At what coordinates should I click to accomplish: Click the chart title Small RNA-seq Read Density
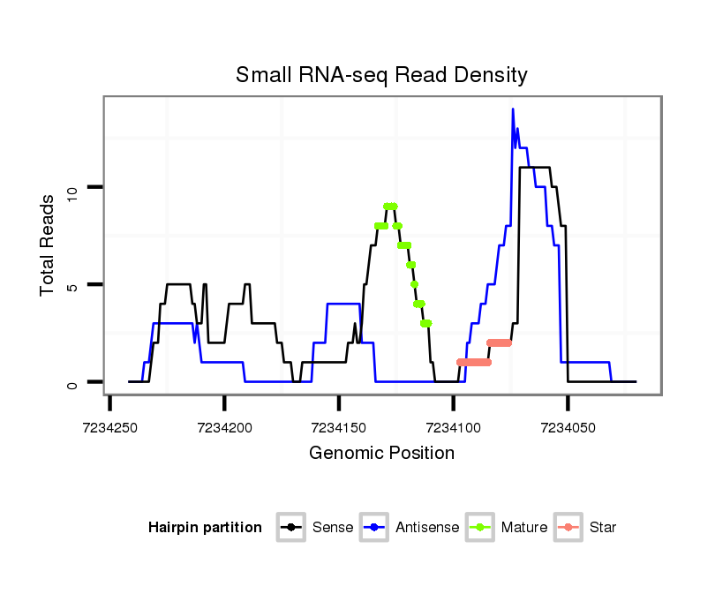click(381, 75)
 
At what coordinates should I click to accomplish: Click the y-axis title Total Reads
click(49, 244)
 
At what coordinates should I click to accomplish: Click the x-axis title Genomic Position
click(381, 454)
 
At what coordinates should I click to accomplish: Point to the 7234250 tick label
click(110, 427)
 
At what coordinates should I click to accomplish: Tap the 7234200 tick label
click(224, 427)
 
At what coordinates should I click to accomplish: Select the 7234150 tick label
click(339, 427)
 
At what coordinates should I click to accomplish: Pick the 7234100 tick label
click(453, 427)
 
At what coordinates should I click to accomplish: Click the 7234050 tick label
click(568, 427)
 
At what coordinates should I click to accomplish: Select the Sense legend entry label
click(333, 528)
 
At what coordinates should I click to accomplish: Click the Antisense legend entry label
click(427, 528)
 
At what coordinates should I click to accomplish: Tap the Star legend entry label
click(602, 528)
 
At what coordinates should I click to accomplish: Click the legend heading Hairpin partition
click(205, 528)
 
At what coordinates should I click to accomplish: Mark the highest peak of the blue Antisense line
click(512, 109)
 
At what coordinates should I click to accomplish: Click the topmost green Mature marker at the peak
click(390, 206)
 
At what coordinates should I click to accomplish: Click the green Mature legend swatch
click(483, 528)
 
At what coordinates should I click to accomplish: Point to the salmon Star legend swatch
click(570, 528)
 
